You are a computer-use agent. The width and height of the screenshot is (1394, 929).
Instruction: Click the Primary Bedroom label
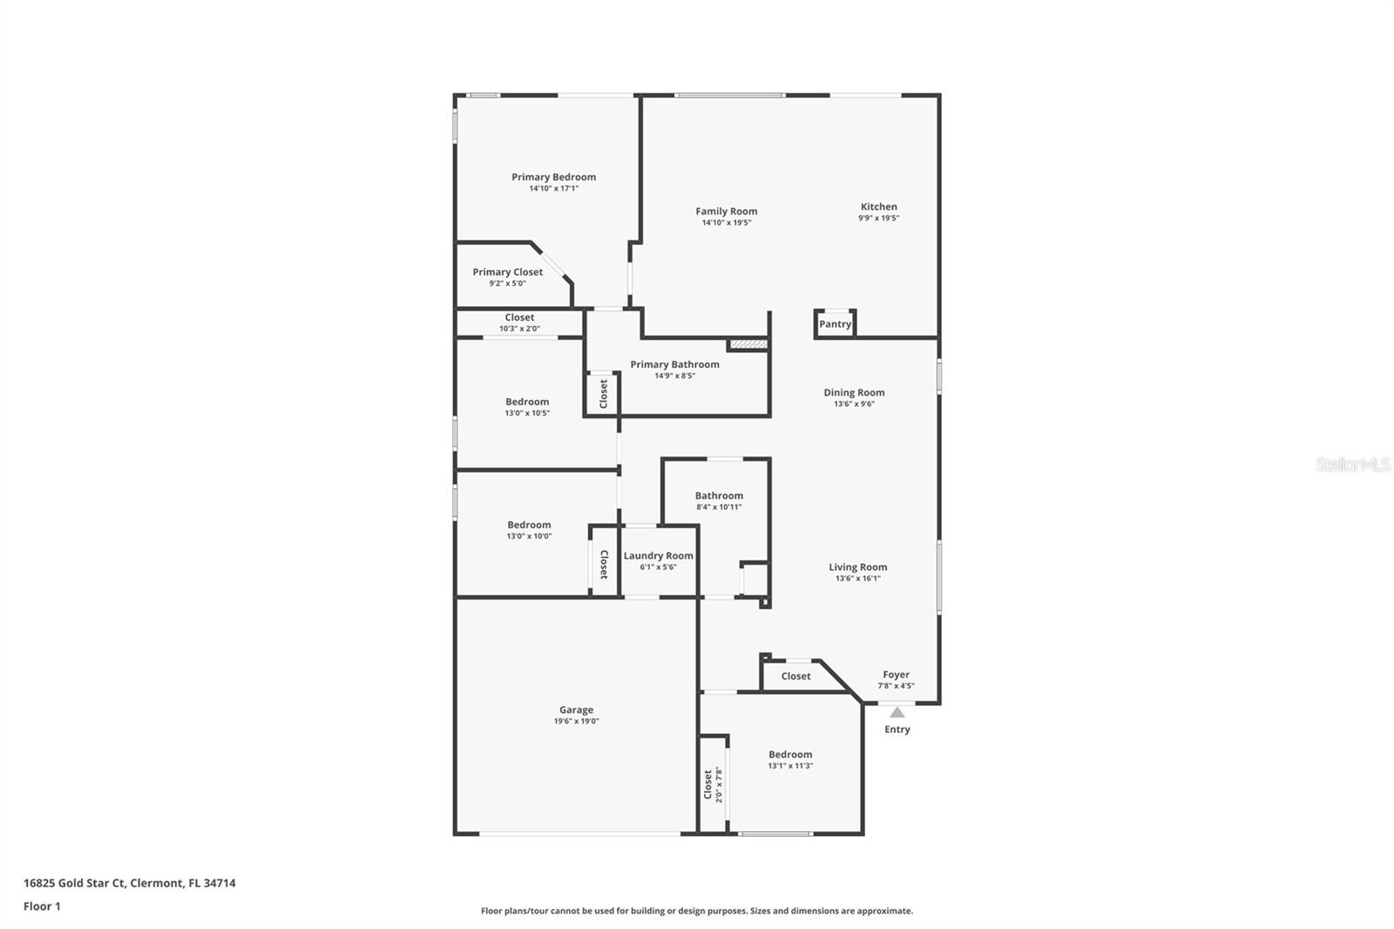tap(553, 177)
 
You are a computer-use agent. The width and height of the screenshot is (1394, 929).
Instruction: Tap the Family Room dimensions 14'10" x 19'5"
tap(727, 222)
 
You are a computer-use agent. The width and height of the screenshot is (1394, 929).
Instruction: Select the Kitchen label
tap(879, 207)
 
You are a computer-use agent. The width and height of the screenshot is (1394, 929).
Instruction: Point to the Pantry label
tap(836, 324)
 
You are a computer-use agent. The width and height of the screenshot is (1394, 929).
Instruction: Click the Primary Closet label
tap(507, 272)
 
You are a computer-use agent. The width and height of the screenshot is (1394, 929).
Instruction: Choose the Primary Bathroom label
tap(674, 364)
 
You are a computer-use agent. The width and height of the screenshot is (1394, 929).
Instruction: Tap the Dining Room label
tap(854, 392)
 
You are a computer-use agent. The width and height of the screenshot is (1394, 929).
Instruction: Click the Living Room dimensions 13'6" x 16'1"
tap(857, 579)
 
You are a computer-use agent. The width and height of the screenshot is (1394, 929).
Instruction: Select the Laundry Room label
tap(659, 555)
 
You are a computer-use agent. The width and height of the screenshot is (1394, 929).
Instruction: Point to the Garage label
tap(576, 709)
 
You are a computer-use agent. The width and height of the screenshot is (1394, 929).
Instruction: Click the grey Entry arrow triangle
tap(897, 712)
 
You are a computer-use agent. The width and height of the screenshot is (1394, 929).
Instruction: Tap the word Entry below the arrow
tap(897, 729)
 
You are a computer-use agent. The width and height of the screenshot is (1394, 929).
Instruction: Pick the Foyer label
tap(897, 675)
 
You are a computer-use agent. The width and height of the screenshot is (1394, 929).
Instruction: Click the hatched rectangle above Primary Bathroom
tap(748, 343)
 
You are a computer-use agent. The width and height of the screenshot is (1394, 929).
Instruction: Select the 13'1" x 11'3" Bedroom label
tap(790, 754)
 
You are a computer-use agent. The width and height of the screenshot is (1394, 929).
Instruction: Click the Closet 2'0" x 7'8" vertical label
tap(714, 784)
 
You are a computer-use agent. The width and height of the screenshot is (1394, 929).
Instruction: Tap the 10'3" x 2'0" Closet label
tap(519, 317)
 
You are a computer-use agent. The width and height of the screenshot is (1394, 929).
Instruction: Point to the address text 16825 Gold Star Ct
tap(75, 883)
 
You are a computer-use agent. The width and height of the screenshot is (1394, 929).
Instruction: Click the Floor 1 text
tap(43, 906)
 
